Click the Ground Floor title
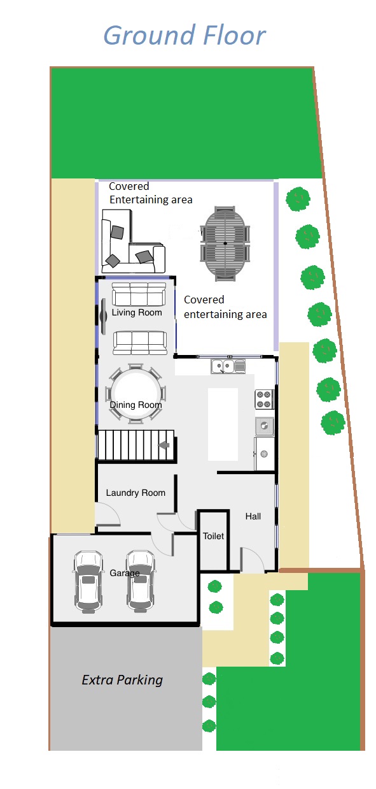(x=185, y=36)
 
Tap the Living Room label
(x=137, y=312)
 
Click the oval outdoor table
(x=225, y=243)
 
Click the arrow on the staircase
(x=164, y=445)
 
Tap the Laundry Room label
(x=136, y=493)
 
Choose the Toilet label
(x=213, y=536)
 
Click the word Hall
(x=253, y=516)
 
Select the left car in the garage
(x=88, y=582)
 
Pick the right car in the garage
(x=141, y=581)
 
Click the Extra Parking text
(x=122, y=680)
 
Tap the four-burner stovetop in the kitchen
(x=265, y=400)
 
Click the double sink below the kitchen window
(x=228, y=366)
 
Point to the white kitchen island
(x=223, y=424)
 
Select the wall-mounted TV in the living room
(x=103, y=316)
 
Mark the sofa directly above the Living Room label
(x=139, y=294)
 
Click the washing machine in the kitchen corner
(x=264, y=454)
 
